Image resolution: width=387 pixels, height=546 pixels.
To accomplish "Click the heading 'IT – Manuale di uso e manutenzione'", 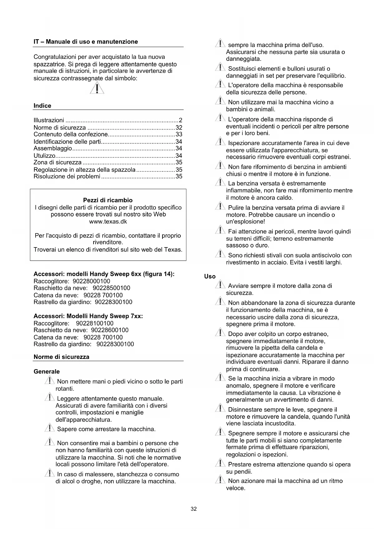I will (x=85, y=42).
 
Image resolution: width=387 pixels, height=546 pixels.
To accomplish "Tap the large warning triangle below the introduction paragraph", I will (x=97, y=88).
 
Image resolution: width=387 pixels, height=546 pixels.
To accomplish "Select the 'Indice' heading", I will (x=42, y=106).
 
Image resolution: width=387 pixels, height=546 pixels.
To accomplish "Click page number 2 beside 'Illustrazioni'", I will (x=180, y=120).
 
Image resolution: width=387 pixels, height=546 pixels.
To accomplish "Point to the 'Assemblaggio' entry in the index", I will (x=53, y=148).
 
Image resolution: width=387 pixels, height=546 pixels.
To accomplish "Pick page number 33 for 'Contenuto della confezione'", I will (x=179, y=134).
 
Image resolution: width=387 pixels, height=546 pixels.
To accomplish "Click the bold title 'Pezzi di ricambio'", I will (x=108, y=200).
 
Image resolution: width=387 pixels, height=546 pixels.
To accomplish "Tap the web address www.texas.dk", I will (x=108, y=222).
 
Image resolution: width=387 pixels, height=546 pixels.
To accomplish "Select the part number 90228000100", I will (x=91, y=281).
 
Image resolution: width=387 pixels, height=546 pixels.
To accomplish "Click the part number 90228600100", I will (x=110, y=330).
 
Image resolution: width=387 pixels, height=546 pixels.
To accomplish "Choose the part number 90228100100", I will (x=95, y=323).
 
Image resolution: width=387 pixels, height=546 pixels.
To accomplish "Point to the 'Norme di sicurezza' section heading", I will (x=61, y=357).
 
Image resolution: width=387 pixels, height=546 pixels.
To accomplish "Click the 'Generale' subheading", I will (x=46, y=372).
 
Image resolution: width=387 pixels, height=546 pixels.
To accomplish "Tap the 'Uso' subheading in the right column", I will (x=210, y=276).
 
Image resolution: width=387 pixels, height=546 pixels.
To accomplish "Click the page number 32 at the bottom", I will (x=194, y=509).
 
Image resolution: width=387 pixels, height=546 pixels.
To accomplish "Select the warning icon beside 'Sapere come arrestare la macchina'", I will (x=50, y=428).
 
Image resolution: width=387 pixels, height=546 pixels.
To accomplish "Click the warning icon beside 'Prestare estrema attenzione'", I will (x=220, y=464).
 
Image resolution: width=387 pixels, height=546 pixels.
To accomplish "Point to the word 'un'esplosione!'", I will (x=245, y=222).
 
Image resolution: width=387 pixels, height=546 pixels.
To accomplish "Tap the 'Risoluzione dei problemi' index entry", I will (x=67, y=177).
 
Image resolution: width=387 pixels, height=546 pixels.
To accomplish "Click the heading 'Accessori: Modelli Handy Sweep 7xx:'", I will (x=88, y=316).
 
